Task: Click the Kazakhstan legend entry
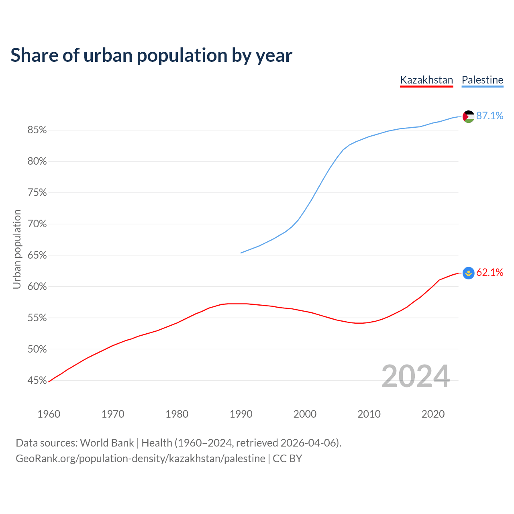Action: click(426, 80)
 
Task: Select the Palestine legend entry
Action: click(482, 80)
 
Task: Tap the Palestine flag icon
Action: click(468, 116)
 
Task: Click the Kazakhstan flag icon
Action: click(468, 273)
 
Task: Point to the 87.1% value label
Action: click(490, 116)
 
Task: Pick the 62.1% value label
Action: click(490, 273)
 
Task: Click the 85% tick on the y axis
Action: click(37, 130)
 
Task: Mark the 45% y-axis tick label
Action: click(37, 381)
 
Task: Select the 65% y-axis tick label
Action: click(37, 255)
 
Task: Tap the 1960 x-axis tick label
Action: click(49, 414)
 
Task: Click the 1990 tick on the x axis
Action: click(241, 414)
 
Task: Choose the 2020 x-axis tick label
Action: click(433, 414)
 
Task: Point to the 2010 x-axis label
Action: click(369, 414)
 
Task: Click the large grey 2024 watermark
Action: click(416, 376)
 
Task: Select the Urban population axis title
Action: click(17, 249)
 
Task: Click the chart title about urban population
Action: click(151, 55)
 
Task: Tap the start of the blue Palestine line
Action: click(241, 253)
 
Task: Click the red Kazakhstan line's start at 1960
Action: click(49, 381)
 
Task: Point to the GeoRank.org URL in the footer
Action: click(141, 459)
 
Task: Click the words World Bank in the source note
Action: click(107, 443)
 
